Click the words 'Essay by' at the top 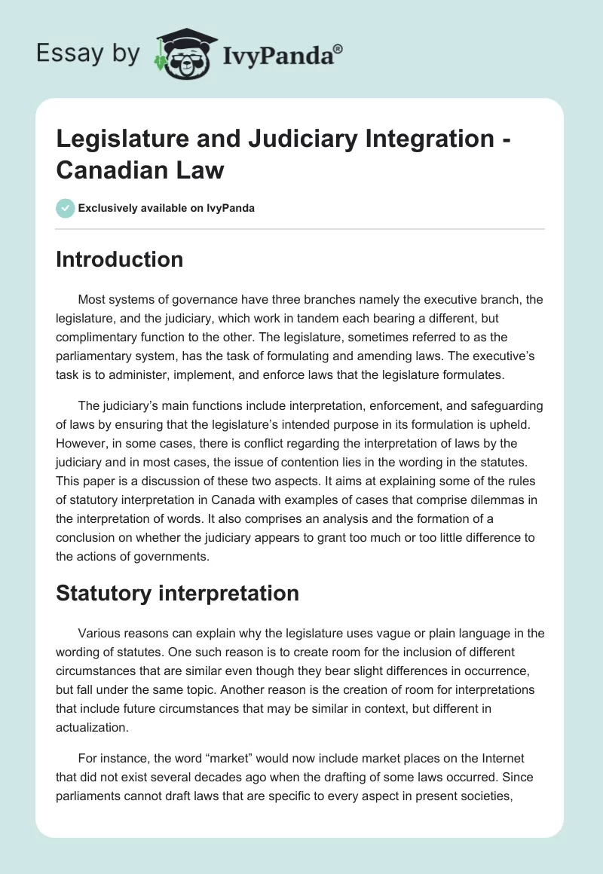89,53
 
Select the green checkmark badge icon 66,208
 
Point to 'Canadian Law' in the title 140,170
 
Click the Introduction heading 120,259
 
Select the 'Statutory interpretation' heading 177,593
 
